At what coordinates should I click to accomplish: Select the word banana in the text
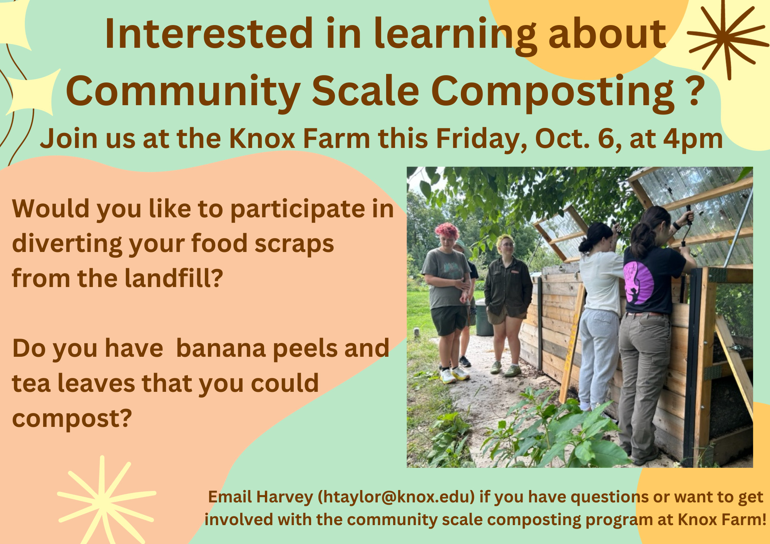pyautogui.click(x=220, y=348)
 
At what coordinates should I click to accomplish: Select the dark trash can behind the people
pyautogui.click(x=484, y=318)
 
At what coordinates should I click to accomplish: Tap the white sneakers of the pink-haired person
pyautogui.click(x=454, y=375)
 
